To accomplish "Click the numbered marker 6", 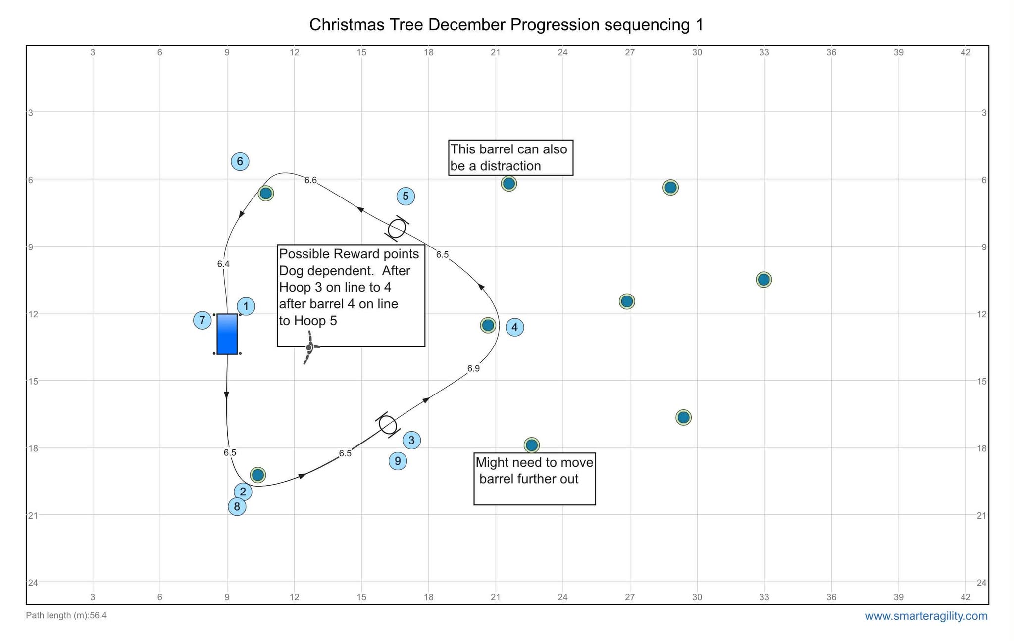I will [240, 161].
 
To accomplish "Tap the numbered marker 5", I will [406, 196].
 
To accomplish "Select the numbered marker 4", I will [515, 327].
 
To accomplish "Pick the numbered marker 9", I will [398, 461].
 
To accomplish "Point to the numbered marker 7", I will [202, 320].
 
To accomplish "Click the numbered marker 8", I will [237, 506].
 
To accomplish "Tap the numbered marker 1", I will [246, 306].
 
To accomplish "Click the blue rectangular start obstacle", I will [227, 334].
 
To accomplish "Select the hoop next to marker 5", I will [397, 228].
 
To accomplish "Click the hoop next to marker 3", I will [388, 425].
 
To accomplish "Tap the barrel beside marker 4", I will [488, 325].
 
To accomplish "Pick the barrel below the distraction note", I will [508, 184].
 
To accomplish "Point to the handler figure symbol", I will [309, 347].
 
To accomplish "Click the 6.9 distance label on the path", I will [473, 368].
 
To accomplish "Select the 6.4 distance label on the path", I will [223, 264].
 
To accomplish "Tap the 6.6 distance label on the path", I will [310, 180].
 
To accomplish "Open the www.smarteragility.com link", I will [926, 616].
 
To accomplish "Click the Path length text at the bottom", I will [66, 615].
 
